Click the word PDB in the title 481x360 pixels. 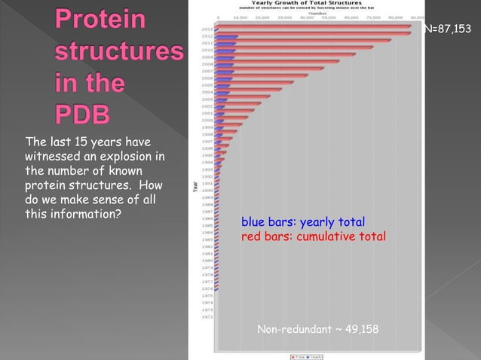tap(82, 114)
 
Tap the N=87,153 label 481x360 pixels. tap(450, 29)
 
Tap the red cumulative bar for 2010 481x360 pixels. tap(302, 48)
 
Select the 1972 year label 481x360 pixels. tap(207, 317)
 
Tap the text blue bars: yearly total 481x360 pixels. tap(303, 222)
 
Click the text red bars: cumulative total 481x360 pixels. tap(313, 236)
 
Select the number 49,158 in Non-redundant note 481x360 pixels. tap(360, 330)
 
